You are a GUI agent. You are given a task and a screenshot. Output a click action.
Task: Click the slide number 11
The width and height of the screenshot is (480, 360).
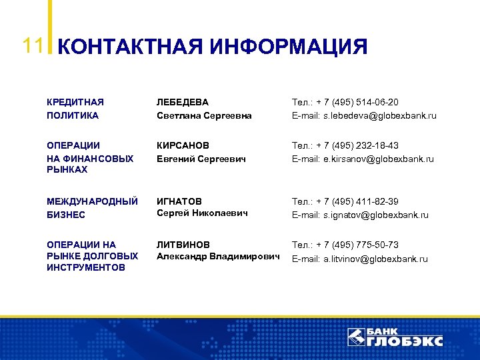click(x=33, y=45)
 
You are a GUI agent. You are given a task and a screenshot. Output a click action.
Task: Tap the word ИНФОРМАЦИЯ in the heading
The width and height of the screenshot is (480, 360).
click(x=288, y=47)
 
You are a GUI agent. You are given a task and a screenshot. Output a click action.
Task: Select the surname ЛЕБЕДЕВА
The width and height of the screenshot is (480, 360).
click(x=183, y=102)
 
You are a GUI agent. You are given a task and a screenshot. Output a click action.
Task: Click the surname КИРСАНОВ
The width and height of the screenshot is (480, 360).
click(x=183, y=145)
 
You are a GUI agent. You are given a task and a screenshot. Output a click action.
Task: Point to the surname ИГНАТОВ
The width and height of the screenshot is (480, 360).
click(x=179, y=201)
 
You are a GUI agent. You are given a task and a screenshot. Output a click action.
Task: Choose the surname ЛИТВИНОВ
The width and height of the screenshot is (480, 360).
click(x=183, y=245)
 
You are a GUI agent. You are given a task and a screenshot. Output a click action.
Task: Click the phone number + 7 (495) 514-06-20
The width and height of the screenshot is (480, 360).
click(x=357, y=102)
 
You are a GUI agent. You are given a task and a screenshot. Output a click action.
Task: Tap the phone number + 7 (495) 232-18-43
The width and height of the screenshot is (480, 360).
click(x=357, y=145)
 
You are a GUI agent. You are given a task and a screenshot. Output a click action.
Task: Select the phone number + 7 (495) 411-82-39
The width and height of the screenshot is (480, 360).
click(x=357, y=201)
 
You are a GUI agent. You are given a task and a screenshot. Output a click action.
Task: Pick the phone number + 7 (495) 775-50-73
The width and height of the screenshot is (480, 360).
click(x=357, y=245)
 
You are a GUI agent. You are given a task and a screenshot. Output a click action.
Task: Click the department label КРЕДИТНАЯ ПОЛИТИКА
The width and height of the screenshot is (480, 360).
click(x=75, y=109)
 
